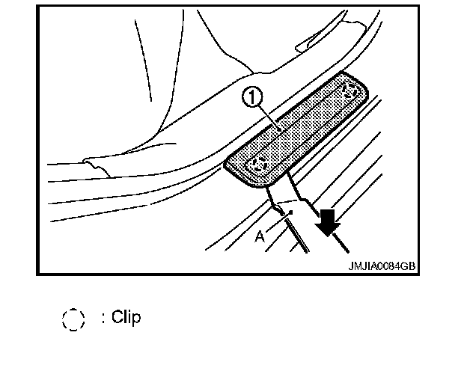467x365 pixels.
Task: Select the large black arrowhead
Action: coord(328,224)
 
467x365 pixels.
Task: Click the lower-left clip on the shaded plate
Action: coord(260,163)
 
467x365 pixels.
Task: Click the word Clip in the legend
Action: coord(126,317)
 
